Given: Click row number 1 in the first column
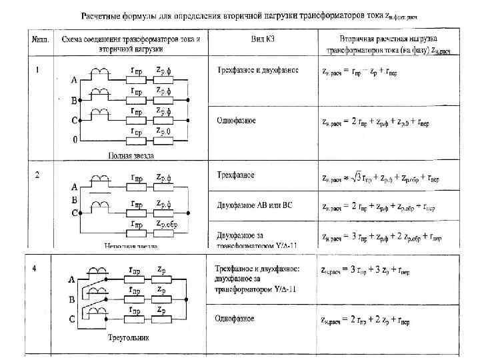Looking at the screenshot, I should click(37, 69).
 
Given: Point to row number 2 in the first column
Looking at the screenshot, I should click(37, 175).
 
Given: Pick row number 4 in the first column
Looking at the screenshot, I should click(37, 269).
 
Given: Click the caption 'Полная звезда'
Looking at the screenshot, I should click(131, 155).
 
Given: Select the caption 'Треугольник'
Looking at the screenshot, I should click(129, 338).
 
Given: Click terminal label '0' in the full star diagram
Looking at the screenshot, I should click(75, 140).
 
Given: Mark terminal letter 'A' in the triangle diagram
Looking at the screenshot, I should click(71, 281).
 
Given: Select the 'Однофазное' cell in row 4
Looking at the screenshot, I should click(234, 319).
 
